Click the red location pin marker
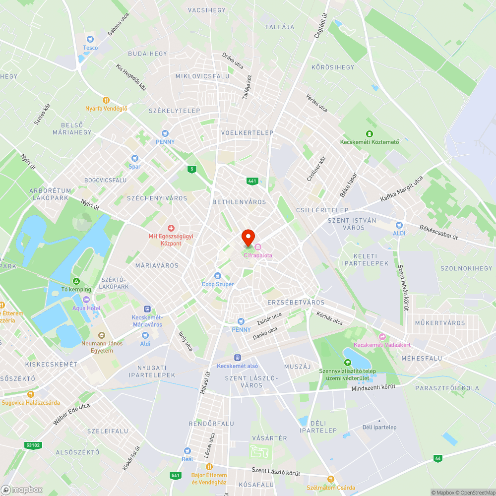tap(248, 237)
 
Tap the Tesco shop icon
tap(90, 39)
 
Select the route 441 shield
tap(252, 181)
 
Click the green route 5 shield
tap(191, 169)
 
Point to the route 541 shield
tap(175, 475)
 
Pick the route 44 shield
tap(437, 458)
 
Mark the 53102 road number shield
tap(33, 445)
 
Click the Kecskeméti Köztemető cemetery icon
tap(369, 133)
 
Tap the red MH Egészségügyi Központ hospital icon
tap(171, 228)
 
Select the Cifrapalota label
tap(257, 255)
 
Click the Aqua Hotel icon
tap(86, 300)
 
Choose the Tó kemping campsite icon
tap(76, 281)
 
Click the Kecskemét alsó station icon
tap(238, 357)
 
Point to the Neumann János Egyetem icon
tap(101, 335)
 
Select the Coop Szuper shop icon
tap(217, 276)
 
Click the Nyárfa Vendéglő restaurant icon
tap(106, 100)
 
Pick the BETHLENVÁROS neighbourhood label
tap(239, 202)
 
